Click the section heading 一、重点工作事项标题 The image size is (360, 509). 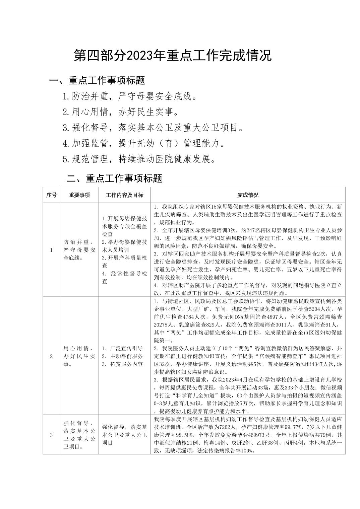(x=97, y=80)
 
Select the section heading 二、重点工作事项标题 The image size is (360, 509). (x=114, y=178)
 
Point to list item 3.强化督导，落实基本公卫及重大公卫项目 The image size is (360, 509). (x=153, y=128)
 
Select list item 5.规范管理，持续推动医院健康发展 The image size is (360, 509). (x=139, y=159)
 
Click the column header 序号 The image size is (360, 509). (x=51, y=195)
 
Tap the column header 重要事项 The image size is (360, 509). (x=79, y=195)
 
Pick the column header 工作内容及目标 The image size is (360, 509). (x=124, y=195)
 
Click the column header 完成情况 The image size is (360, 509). (x=248, y=195)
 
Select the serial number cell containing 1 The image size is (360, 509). (x=51, y=250)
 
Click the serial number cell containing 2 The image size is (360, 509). (x=51, y=356)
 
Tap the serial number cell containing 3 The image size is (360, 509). (x=51, y=435)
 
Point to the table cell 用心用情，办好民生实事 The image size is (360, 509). (x=79, y=356)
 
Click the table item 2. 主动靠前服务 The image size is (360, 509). (x=123, y=356)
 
